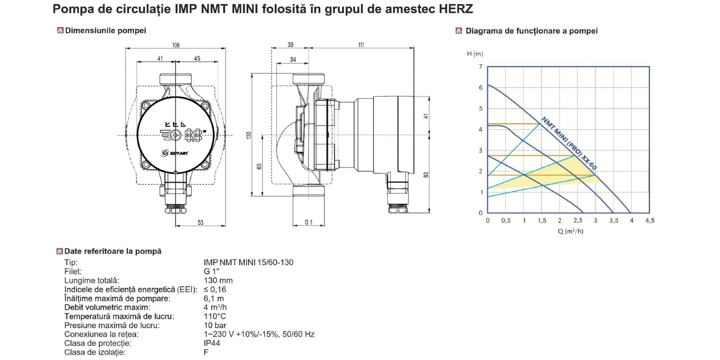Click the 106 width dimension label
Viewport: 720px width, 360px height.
(176, 45)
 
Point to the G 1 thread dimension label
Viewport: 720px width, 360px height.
(309, 222)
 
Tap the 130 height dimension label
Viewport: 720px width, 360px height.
(248, 135)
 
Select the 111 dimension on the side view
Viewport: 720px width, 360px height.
(361, 45)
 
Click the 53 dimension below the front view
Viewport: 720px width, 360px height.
(201, 222)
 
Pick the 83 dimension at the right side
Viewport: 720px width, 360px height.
(426, 175)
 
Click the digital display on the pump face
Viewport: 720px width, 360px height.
(194, 135)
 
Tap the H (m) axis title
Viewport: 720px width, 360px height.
(475, 54)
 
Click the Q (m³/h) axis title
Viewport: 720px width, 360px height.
(571, 231)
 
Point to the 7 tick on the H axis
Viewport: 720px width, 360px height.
(481, 67)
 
